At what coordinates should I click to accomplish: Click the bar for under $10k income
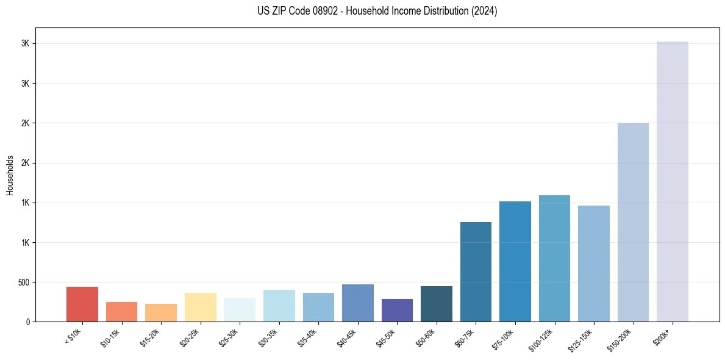click(82, 304)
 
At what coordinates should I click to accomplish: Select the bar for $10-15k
click(121, 311)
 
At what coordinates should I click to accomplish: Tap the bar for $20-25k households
click(200, 307)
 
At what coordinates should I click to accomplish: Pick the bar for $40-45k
click(357, 303)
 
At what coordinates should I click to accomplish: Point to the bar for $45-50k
click(397, 310)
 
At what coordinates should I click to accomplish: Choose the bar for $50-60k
click(436, 303)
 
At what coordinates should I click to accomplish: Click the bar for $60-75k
click(476, 272)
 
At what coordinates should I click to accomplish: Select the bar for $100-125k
click(554, 258)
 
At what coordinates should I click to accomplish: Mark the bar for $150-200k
click(633, 222)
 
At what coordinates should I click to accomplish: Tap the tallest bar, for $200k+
click(672, 181)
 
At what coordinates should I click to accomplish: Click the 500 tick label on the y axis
click(23, 283)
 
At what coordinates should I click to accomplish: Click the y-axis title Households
click(10, 175)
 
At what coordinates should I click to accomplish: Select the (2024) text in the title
click(484, 11)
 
